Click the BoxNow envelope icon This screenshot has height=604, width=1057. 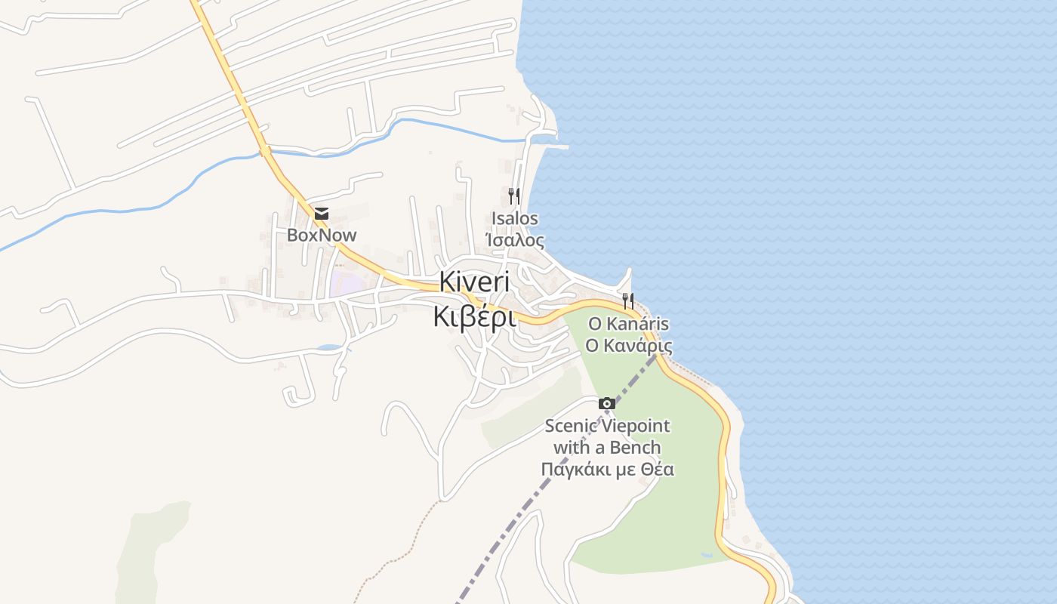click(x=322, y=214)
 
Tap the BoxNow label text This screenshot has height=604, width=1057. click(x=322, y=235)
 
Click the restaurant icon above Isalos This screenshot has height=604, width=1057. click(x=513, y=196)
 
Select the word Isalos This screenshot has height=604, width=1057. click(x=515, y=219)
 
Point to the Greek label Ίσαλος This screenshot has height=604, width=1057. click(x=515, y=240)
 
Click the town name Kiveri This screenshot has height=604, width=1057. click(x=474, y=282)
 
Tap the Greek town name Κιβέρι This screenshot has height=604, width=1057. click(x=474, y=316)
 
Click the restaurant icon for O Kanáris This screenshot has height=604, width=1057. click(x=628, y=301)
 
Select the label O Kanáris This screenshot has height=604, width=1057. click(x=629, y=324)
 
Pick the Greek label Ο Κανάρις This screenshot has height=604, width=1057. click(x=629, y=345)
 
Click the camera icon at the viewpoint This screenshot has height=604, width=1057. click(x=607, y=403)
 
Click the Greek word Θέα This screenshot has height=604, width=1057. click(x=657, y=469)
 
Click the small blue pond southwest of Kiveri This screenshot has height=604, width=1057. click(x=330, y=348)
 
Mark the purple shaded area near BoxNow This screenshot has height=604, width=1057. click(x=344, y=283)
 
